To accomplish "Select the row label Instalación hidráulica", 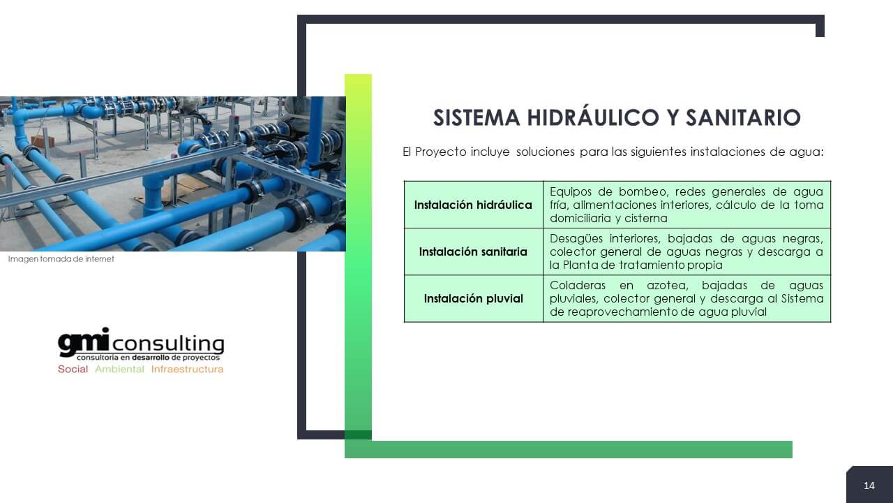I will pos(473,205).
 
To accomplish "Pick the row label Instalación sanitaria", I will pos(473,251).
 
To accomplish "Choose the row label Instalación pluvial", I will pos(473,298).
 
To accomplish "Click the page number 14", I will pos(869,486).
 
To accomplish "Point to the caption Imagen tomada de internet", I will pos(61,259).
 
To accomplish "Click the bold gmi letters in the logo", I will pos(83,342).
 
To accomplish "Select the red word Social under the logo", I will pos(73,369).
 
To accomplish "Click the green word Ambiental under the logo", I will pos(119,369).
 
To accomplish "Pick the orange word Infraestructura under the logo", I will pos(187,369).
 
